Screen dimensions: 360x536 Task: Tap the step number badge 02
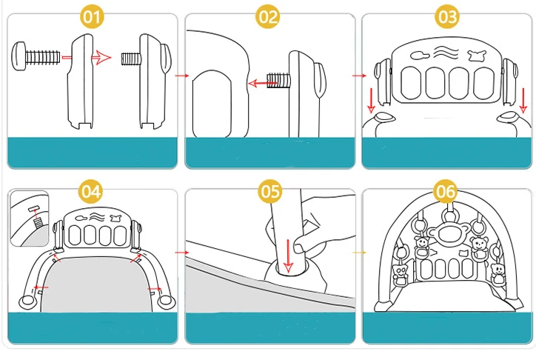pos(268,16)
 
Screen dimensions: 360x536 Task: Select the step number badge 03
pos(446,16)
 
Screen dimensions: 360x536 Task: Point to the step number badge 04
pos(91,191)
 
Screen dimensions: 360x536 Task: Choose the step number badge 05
pos(270,191)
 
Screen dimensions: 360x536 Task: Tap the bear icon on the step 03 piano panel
pos(477,54)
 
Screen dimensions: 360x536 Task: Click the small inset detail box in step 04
pos(29,218)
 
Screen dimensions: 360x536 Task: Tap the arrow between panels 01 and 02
pos(181,75)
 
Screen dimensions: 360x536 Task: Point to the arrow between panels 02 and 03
pos(359,75)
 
